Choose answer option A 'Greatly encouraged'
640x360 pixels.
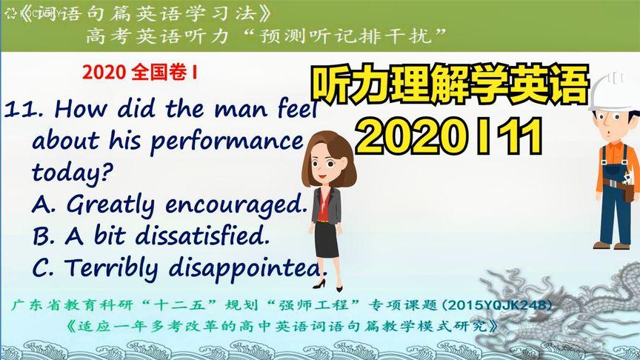(170, 204)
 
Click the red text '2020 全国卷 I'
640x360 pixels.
(141, 73)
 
